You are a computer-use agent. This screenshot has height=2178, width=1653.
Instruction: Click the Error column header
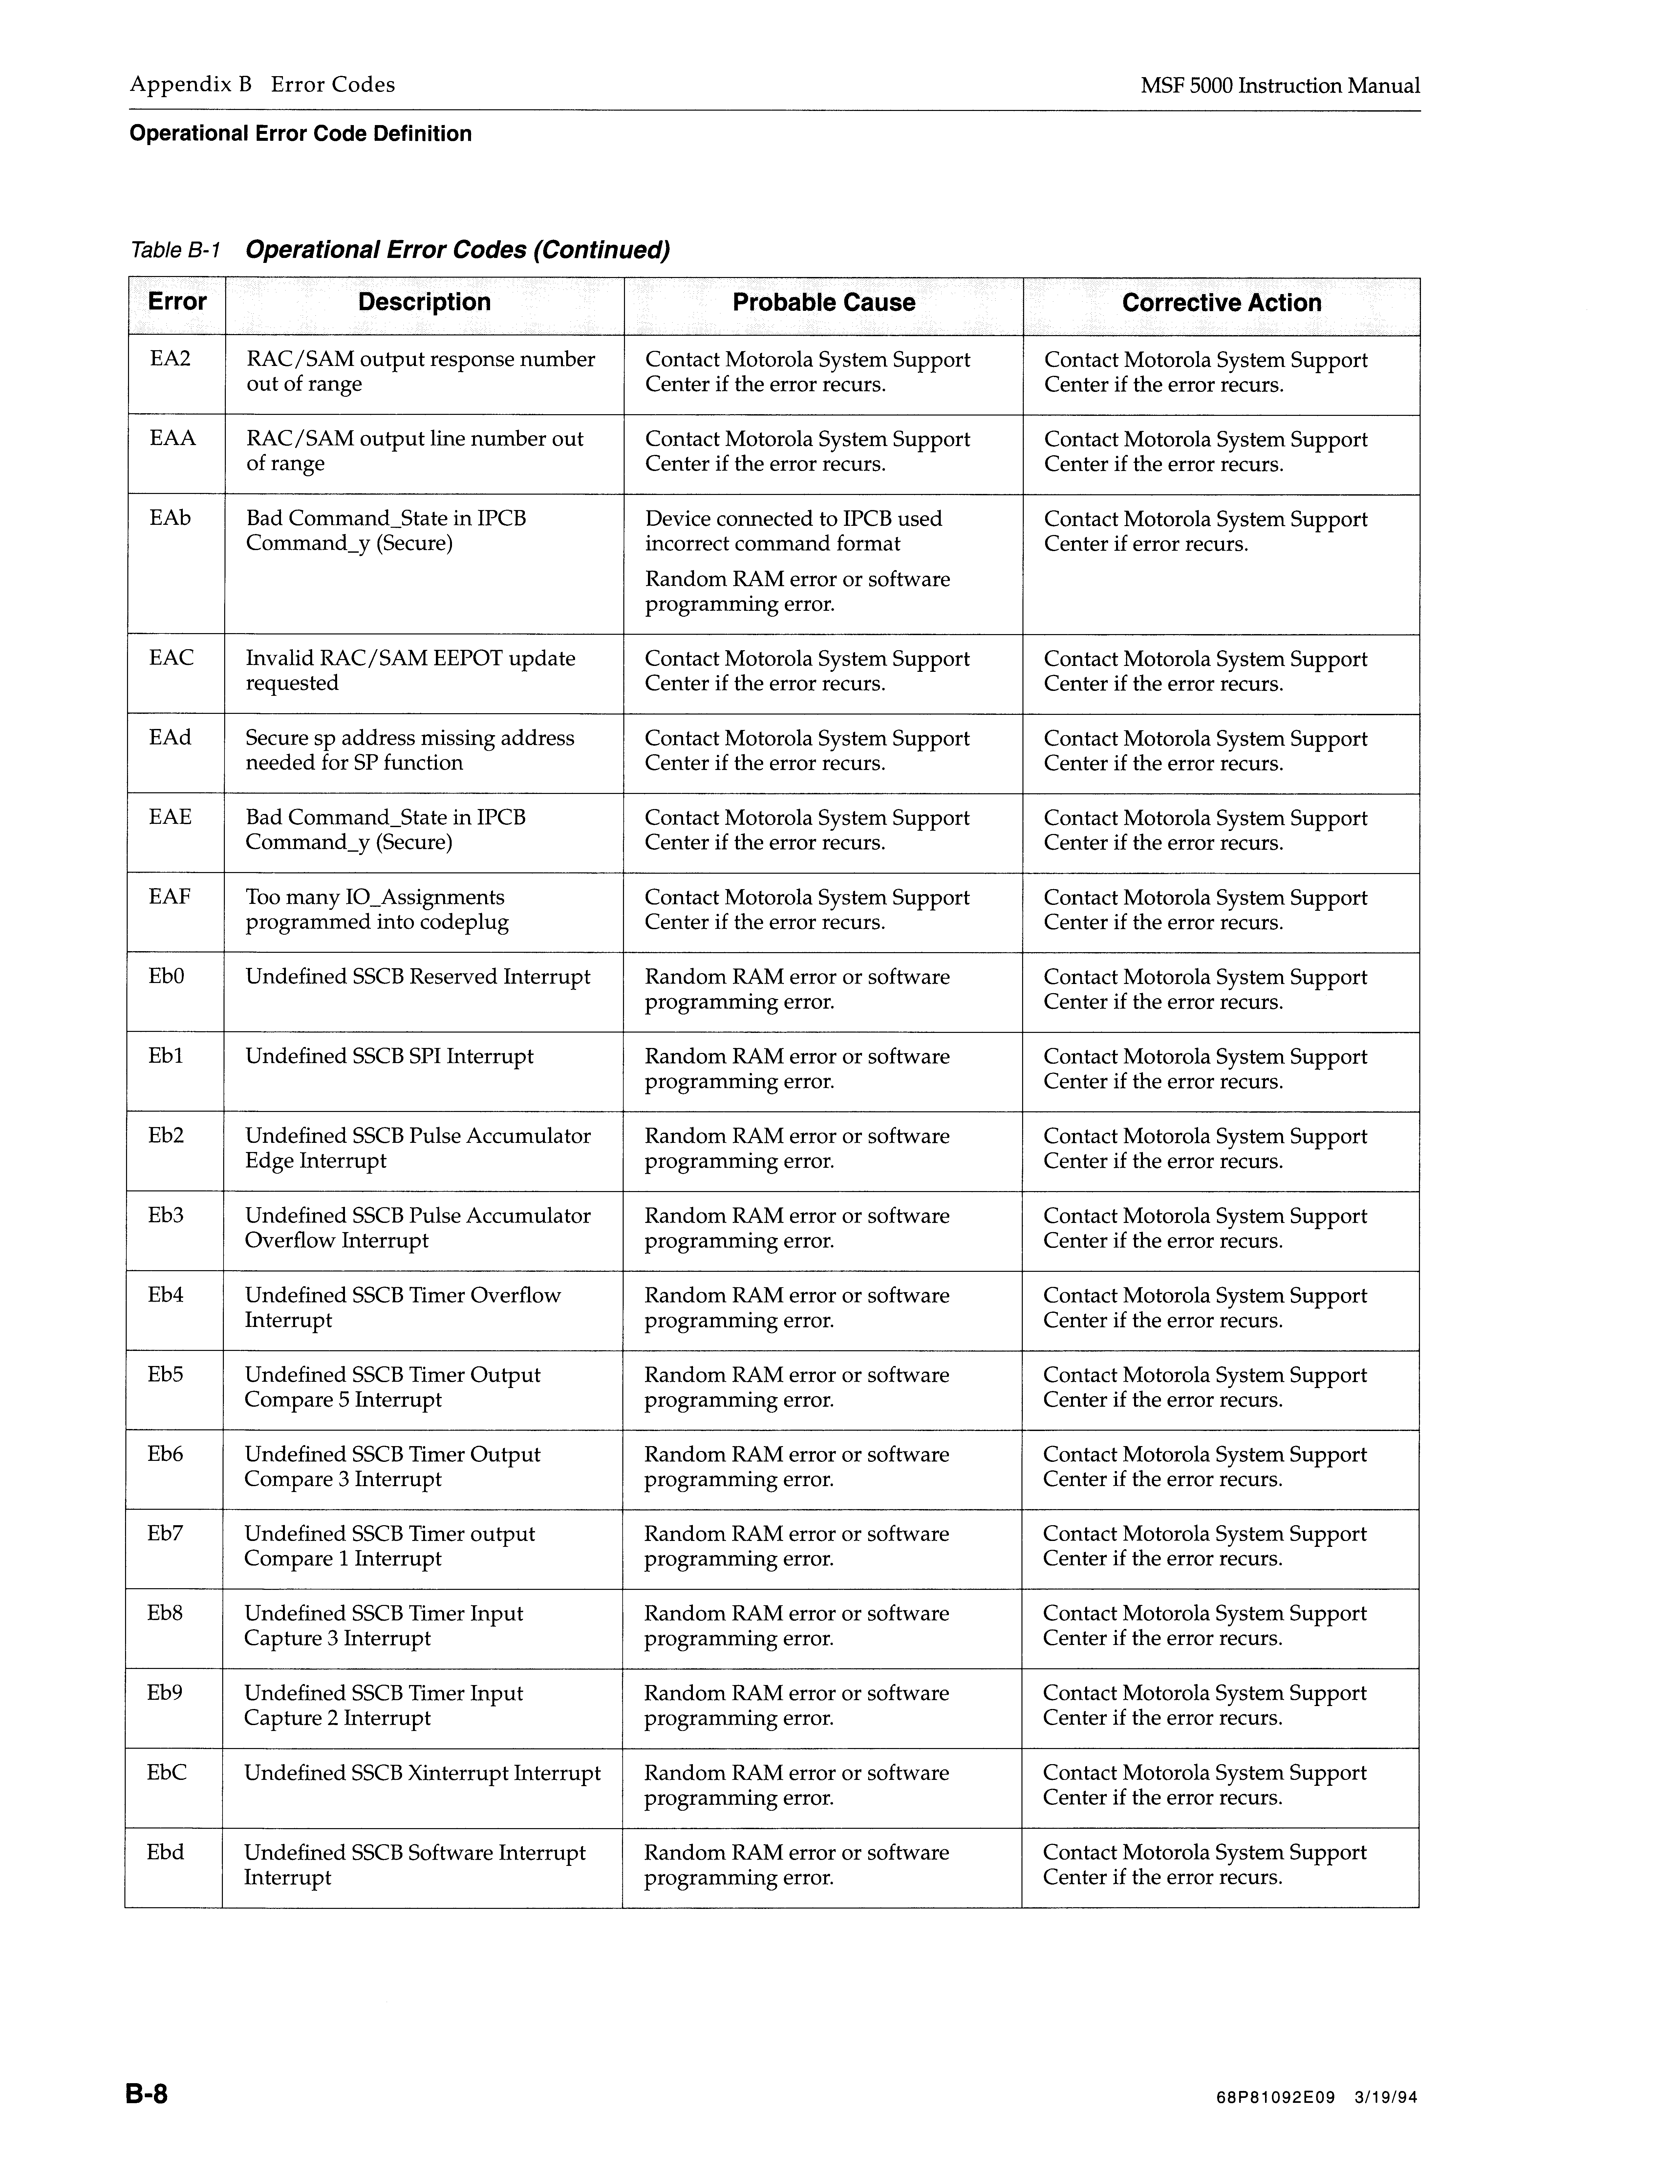177,302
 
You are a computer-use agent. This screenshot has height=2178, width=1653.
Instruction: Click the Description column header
424,302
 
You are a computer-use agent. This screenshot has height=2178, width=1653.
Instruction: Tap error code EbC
166,1773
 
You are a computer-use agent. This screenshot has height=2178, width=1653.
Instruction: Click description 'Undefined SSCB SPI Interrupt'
389,1057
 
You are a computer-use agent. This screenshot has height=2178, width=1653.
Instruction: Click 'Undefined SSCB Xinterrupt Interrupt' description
422,1773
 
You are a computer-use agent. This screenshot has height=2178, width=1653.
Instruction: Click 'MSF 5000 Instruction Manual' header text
1280,86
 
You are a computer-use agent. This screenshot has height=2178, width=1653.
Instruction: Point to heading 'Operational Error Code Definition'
300,134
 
